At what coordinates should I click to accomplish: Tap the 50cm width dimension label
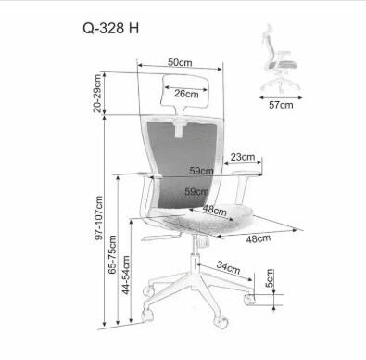point(181,62)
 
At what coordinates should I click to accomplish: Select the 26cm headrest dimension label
point(186,93)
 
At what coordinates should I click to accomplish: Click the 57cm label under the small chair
point(280,105)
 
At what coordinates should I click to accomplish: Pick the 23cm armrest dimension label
point(243,157)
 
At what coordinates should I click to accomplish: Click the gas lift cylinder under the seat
point(196,251)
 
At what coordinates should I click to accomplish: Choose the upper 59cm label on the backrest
point(201,171)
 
